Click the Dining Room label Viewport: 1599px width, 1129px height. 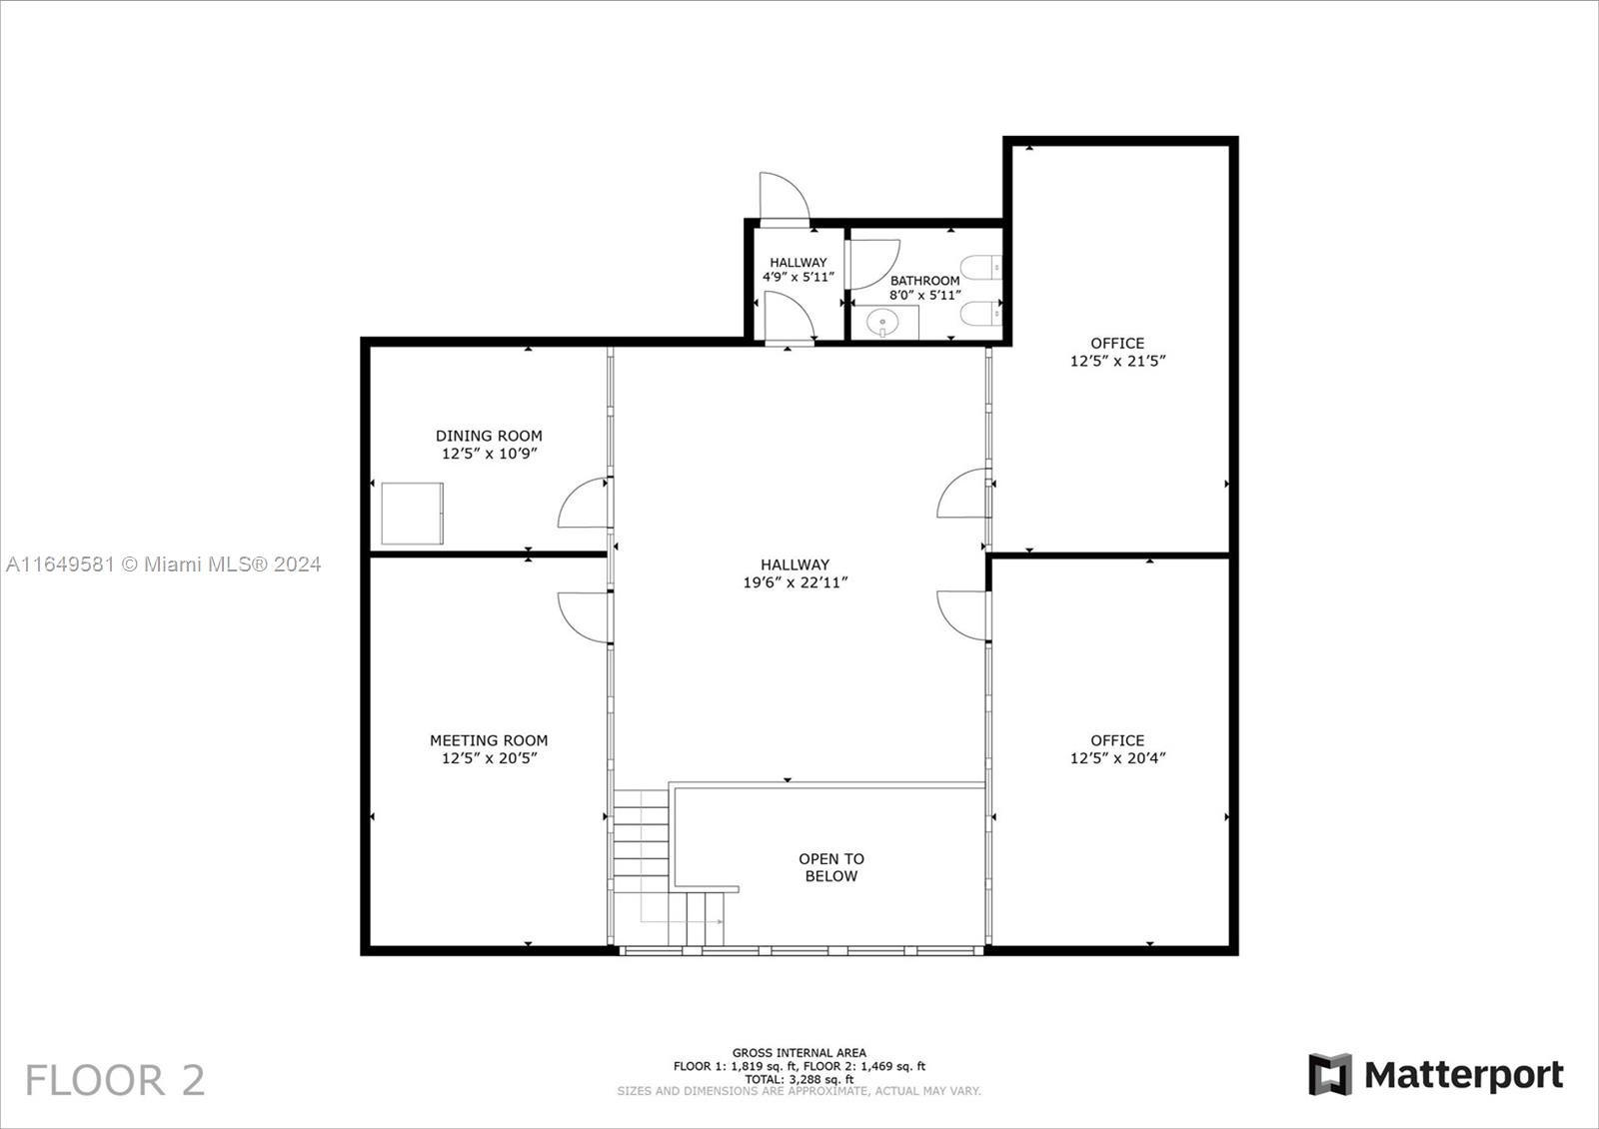[489, 436]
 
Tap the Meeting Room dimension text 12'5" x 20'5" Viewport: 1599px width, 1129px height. [489, 758]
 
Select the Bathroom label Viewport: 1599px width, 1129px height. [925, 281]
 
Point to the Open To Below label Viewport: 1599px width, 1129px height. [831, 867]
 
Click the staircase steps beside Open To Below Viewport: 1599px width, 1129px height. [641, 842]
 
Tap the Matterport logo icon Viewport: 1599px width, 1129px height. [1330, 1074]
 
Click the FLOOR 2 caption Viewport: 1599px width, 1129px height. [115, 1080]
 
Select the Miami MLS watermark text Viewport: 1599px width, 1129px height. [163, 564]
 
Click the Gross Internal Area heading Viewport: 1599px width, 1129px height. [799, 1053]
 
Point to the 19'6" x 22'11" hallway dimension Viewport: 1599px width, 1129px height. [796, 582]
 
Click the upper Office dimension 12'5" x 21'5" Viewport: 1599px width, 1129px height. [1117, 361]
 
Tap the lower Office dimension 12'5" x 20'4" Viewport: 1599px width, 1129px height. [1117, 758]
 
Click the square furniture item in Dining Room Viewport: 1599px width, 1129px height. [412, 514]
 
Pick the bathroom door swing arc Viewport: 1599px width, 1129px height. [889, 270]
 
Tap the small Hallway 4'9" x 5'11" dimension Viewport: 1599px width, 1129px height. [799, 277]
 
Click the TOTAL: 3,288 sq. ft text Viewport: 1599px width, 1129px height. [799, 1080]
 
